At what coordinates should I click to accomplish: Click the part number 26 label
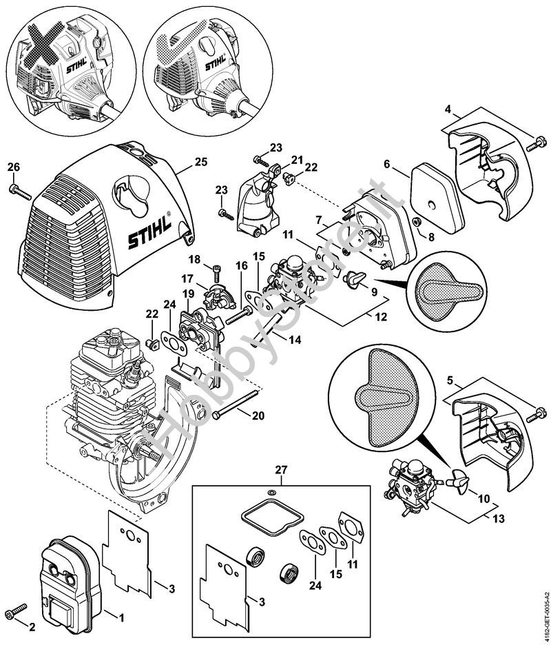coord(14,167)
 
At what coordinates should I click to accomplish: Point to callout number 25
coord(200,163)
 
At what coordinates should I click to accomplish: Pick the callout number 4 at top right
coord(448,109)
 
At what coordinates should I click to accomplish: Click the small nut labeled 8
coord(417,221)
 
